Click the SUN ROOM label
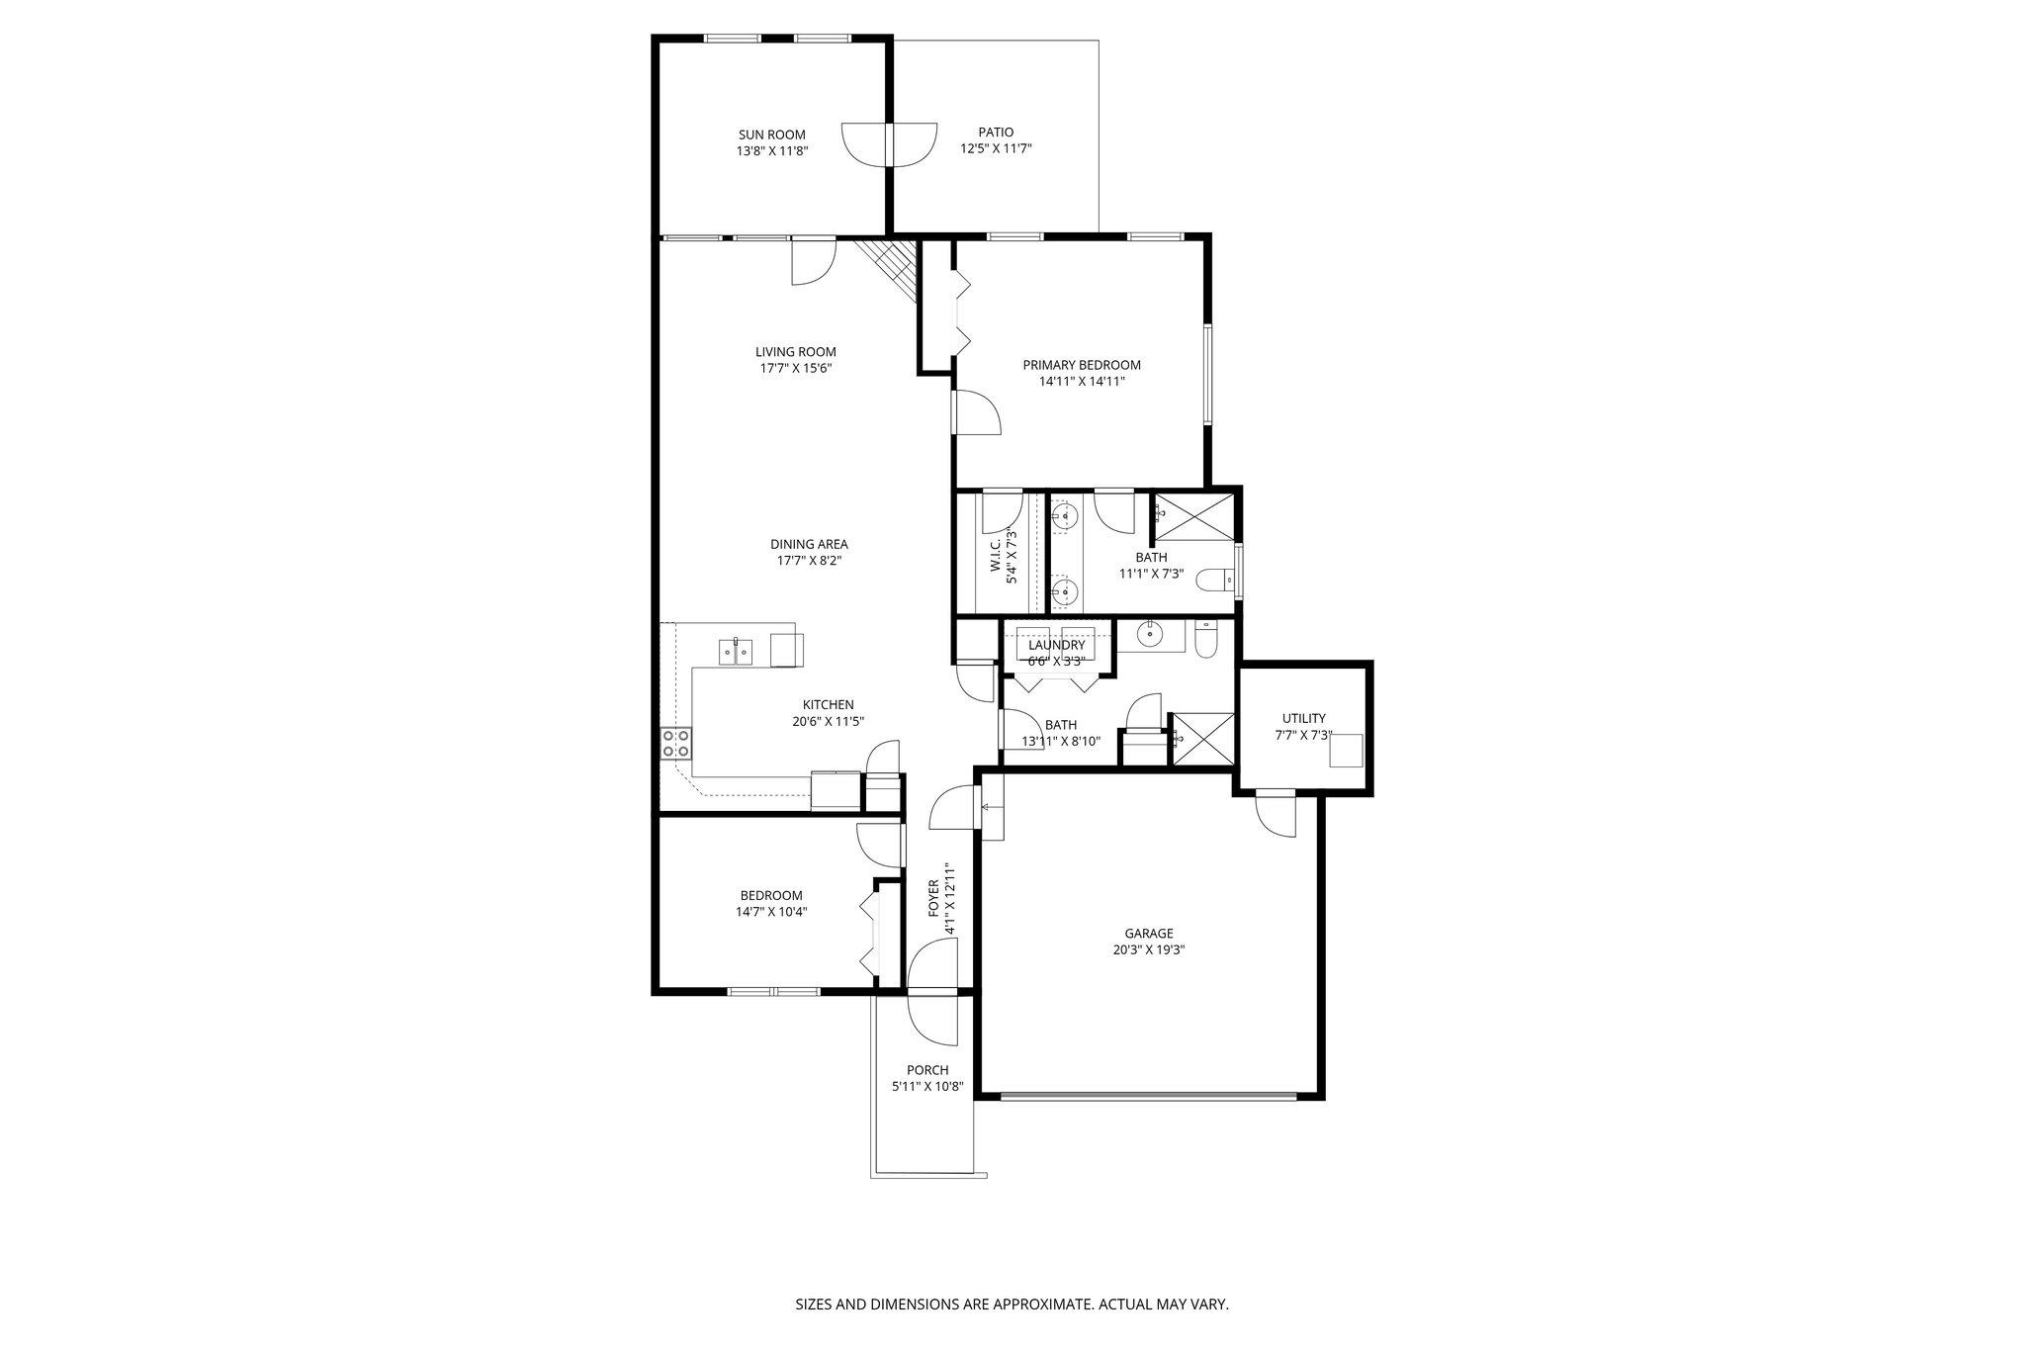click(x=771, y=135)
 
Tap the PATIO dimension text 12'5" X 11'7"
click(x=996, y=148)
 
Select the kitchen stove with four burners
click(x=676, y=743)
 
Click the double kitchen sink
click(x=736, y=651)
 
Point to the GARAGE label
click(x=1148, y=933)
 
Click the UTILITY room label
click(x=1303, y=718)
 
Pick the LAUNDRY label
click(x=1056, y=645)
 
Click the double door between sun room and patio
click(x=888, y=145)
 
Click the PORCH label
click(x=926, y=1070)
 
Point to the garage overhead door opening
click(x=1147, y=1096)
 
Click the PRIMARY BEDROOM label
click(x=1081, y=365)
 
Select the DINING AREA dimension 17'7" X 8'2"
click(x=809, y=560)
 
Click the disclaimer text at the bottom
click(x=1012, y=1305)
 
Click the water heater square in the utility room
click(x=1345, y=751)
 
